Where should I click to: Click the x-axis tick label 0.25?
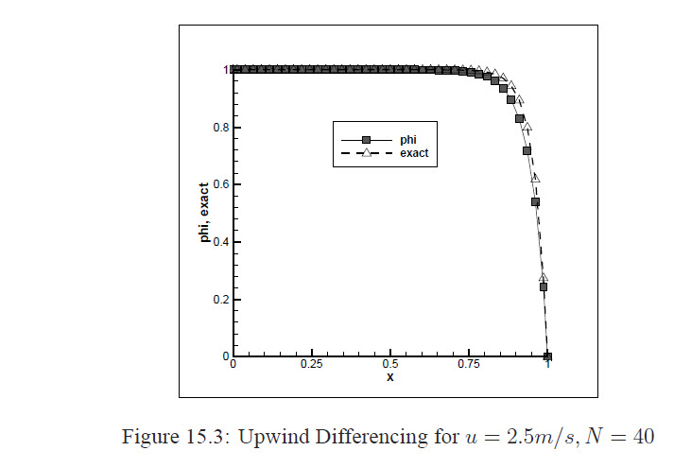pos(311,364)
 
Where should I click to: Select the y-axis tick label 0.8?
pos(221,128)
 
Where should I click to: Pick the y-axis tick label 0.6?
pos(221,185)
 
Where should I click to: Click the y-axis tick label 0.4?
pos(221,242)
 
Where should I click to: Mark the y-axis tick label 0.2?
pos(221,300)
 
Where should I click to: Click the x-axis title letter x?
pos(389,377)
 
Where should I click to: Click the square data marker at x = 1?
pos(547,356)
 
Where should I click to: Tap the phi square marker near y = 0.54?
pos(535,201)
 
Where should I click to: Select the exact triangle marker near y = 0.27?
pos(544,278)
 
